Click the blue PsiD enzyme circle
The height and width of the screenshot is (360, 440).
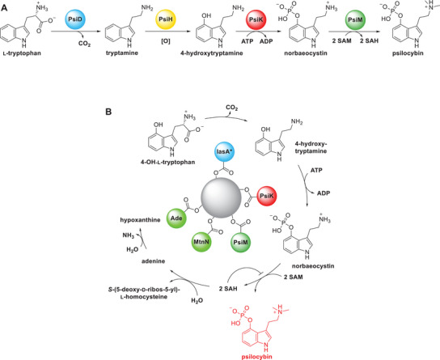pos(75,19)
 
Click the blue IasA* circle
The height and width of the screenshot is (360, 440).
pos(224,152)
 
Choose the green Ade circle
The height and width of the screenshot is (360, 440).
pos(177,218)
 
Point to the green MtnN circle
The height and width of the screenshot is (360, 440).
pos(201,242)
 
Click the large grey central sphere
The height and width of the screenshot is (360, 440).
pos(222,198)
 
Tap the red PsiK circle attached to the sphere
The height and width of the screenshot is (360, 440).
pos(267,196)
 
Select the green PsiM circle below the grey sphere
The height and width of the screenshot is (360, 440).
pos(241,242)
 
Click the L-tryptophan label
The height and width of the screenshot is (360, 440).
pos(22,53)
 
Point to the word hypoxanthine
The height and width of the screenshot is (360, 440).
pos(140,220)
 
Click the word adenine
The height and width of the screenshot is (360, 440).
pos(153,261)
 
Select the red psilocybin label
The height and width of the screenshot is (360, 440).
pos(257,357)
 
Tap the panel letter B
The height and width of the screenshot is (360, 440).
pos(108,112)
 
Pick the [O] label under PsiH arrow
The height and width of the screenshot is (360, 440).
pos(166,41)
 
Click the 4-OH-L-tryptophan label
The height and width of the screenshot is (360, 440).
pos(168,162)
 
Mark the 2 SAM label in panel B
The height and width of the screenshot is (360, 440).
pos(294,277)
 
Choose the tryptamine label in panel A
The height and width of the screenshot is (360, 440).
pos(122,53)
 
